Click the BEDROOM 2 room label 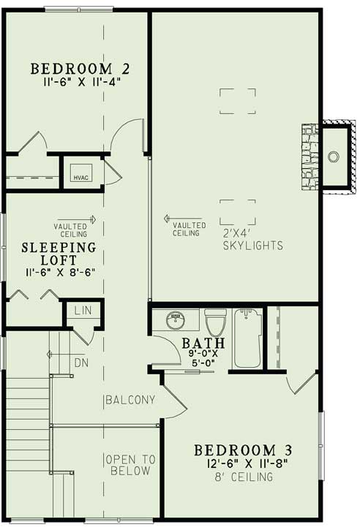tap(80, 69)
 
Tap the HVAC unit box tap(79, 175)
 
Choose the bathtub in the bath tap(248, 337)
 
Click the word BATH tap(203, 343)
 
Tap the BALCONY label tap(130, 400)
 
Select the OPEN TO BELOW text tap(130, 465)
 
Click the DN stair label tap(82, 362)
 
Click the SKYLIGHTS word tap(254, 246)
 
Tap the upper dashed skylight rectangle tap(238, 100)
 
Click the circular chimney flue tap(334, 156)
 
